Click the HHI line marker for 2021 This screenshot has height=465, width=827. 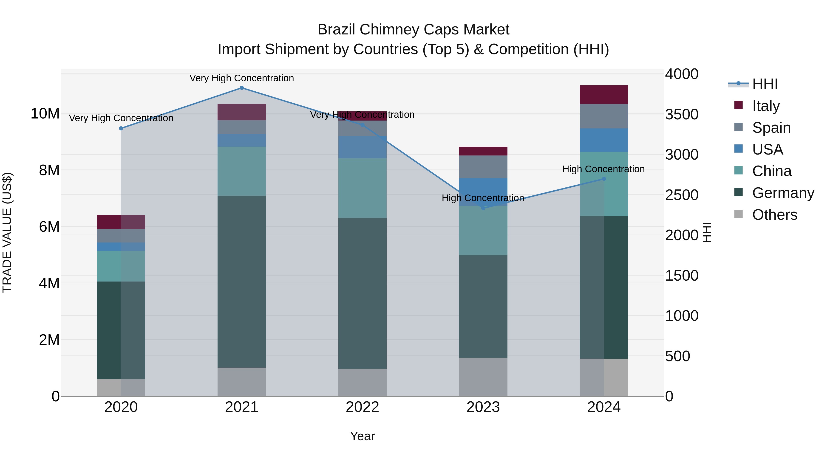tap(242, 88)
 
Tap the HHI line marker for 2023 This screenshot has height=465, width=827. tap(483, 208)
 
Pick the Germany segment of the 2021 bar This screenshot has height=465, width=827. tap(242, 282)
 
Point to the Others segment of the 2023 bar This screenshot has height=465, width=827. tap(483, 377)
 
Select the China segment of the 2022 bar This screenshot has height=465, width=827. tap(363, 188)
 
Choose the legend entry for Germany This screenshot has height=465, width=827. tap(783, 193)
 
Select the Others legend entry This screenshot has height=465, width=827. tap(774, 215)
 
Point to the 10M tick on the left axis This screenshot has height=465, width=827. tap(45, 114)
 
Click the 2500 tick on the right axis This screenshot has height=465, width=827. tap(681, 195)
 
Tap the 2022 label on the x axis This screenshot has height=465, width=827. tap(363, 407)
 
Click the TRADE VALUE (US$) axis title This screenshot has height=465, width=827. tap(7, 232)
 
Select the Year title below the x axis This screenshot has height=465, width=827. tap(363, 436)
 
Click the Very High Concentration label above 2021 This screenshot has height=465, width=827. tap(242, 78)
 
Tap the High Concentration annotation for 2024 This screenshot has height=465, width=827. tap(603, 169)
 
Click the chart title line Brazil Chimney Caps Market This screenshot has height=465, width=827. tap(413, 30)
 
